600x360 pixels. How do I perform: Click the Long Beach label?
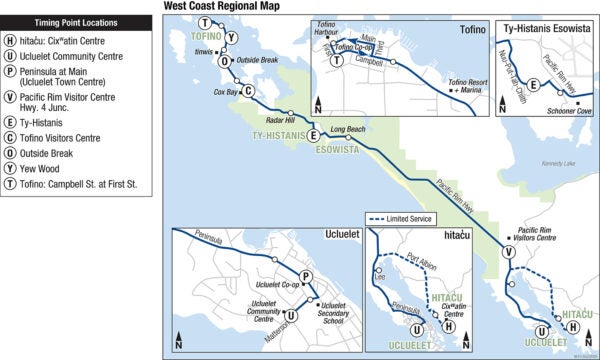coord(347,129)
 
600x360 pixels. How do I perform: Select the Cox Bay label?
coord(225,92)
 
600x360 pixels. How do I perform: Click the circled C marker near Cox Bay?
coord(247,91)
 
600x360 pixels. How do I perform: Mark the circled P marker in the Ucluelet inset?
coord(305,277)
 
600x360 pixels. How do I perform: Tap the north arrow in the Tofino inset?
coord(318,103)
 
